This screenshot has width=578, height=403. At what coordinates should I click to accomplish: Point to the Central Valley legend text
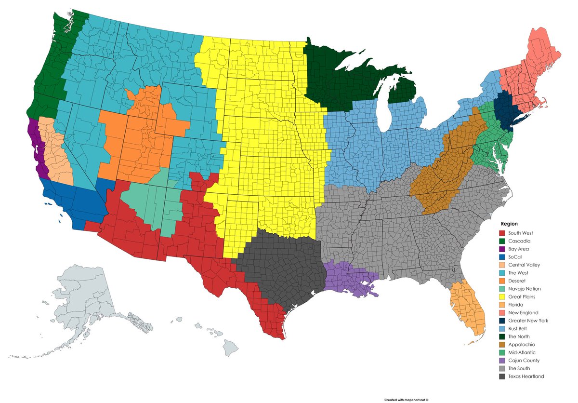click(524, 265)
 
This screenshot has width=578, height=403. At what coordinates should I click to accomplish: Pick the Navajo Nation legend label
click(525, 289)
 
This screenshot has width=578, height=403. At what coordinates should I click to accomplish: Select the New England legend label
click(522, 313)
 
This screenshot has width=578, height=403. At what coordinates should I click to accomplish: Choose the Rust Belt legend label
click(518, 329)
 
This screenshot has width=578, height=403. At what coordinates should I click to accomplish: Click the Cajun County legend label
click(524, 361)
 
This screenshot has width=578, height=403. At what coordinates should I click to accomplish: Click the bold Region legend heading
click(509, 224)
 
